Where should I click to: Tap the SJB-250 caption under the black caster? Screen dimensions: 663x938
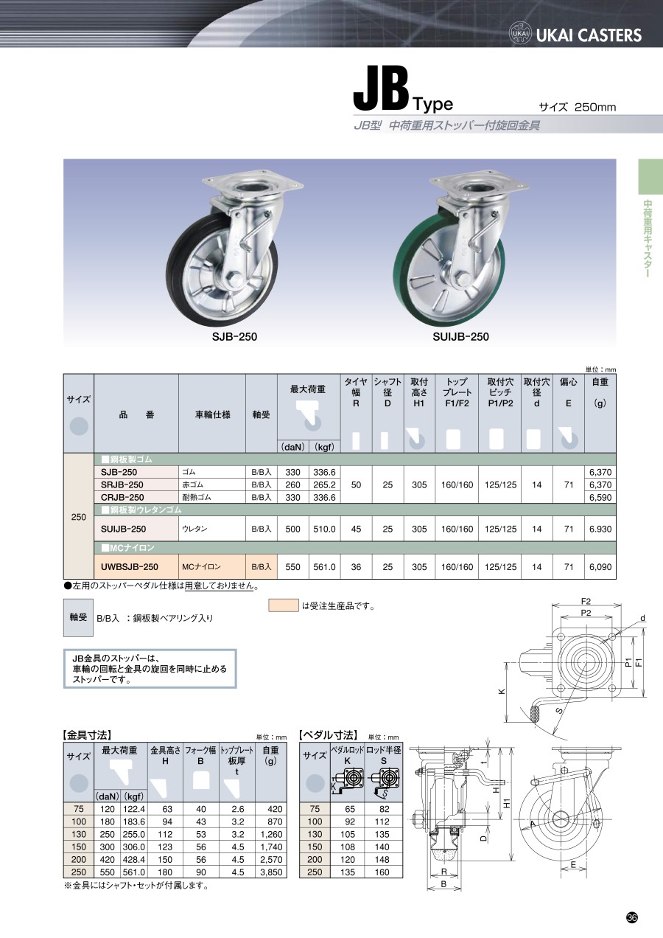(234, 337)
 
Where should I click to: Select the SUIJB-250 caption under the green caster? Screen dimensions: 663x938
(460, 337)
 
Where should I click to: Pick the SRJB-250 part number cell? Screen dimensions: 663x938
(122, 484)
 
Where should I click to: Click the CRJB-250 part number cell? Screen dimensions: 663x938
(122, 497)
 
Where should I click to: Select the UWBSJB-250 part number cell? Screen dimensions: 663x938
(129, 566)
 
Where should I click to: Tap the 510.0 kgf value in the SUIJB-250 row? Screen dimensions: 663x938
(325, 529)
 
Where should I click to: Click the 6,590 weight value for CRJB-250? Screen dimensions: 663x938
(600, 497)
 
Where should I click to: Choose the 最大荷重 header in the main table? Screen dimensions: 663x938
(308, 389)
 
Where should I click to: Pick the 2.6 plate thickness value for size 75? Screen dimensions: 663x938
(238, 809)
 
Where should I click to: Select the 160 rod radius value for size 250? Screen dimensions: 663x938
(382, 872)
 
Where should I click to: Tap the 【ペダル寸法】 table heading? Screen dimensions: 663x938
(328, 735)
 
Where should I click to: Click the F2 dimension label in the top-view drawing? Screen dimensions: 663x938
(586, 601)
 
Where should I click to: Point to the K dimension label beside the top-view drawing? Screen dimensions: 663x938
(502, 692)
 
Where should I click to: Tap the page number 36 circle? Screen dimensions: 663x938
(631, 917)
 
